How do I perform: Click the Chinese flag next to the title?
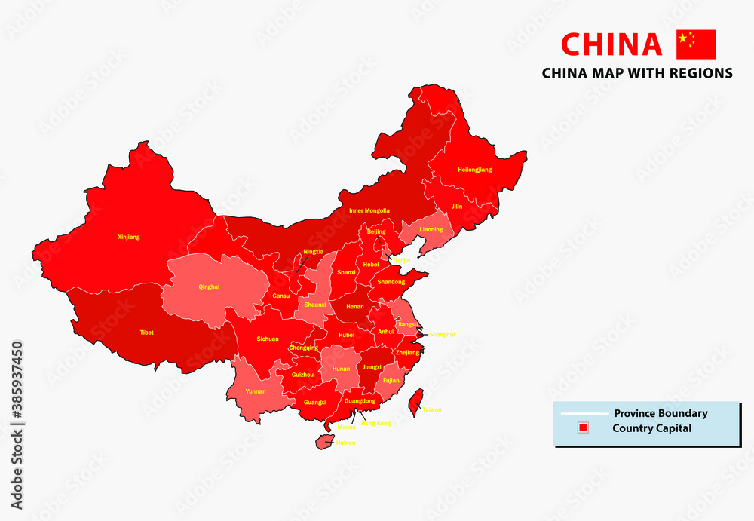[x=695, y=44]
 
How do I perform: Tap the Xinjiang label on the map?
[x=129, y=237]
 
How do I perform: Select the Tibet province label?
[x=146, y=332]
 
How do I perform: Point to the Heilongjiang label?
[x=474, y=170]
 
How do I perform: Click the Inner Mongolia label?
[x=369, y=210]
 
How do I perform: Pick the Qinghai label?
[x=209, y=287]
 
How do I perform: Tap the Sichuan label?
[x=268, y=339]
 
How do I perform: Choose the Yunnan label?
[x=256, y=392]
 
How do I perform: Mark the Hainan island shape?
[x=323, y=440]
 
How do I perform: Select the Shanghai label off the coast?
[x=442, y=334]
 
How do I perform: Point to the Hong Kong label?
[x=375, y=424]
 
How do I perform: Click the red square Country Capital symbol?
[x=582, y=428]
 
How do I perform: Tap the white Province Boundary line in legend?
[x=582, y=414]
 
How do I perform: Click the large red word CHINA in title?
[x=611, y=44]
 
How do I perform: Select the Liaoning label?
[x=431, y=229]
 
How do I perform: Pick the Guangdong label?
[x=360, y=401]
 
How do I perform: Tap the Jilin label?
[x=457, y=206]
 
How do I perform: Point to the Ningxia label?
[x=313, y=251]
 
